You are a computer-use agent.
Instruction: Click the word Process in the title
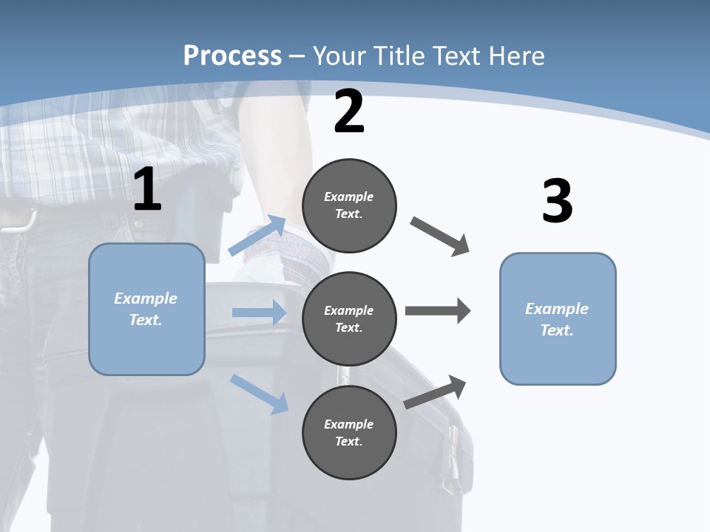coord(232,55)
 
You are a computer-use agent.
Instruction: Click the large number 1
coord(147,190)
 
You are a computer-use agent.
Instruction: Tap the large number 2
coord(349,112)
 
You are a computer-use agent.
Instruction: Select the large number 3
coord(557,202)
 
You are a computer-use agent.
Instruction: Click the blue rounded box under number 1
coord(146,309)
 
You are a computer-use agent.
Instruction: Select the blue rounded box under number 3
coord(558,318)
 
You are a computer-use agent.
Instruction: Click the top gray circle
coord(349,205)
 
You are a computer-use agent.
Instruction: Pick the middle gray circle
coord(349,318)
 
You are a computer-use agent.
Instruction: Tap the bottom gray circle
coord(349,432)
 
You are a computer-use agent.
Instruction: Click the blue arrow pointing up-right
coord(257,236)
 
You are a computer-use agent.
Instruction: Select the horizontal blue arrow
coord(259,313)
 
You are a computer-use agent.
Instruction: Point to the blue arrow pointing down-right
coord(259,393)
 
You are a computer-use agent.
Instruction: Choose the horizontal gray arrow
coord(437,311)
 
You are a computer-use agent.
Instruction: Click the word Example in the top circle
coord(348,197)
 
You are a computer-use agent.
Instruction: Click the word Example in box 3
coord(557,309)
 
